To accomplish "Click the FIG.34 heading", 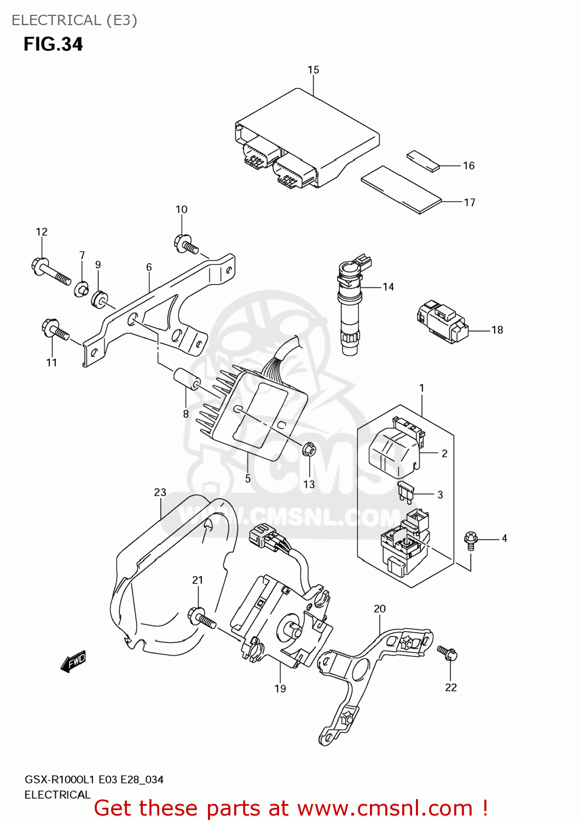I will coord(53,44).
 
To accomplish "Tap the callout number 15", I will coord(313,70).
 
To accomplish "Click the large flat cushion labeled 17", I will coord(401,189).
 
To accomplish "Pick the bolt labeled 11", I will coord(55,330).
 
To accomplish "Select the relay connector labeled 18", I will coord(442,321).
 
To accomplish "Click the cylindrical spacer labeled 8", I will coord(187,380).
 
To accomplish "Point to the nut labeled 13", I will coord(309,450).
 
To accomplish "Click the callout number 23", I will coord(160,492).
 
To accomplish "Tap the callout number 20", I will coord(379,609).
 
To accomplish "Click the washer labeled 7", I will coord(82,288).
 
